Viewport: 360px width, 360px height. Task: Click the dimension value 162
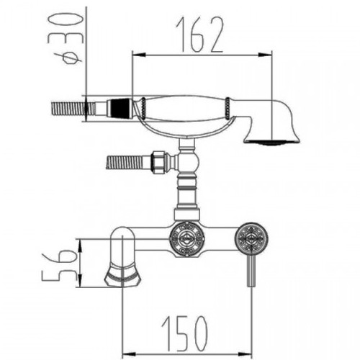click(199, 35)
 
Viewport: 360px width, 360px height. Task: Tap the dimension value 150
click(184, 333)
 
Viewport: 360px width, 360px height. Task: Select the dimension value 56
click(59, 264)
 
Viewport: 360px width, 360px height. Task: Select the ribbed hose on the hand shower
click(73, 109)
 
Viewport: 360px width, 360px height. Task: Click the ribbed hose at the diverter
click(127, 163)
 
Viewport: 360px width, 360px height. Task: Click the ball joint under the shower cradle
click(190, 163)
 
